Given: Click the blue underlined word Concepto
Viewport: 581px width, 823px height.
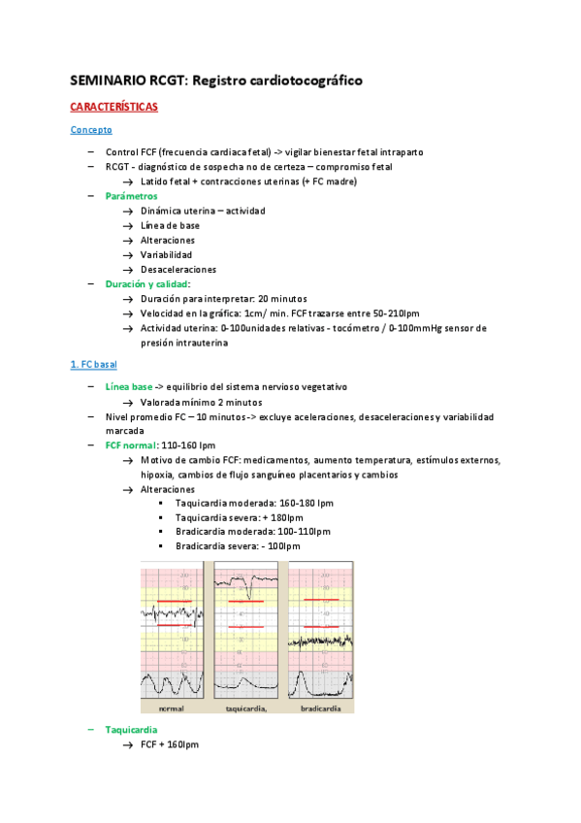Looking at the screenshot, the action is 91,129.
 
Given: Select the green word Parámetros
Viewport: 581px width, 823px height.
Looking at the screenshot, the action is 131,195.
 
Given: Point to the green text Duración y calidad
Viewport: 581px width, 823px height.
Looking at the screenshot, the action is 147,283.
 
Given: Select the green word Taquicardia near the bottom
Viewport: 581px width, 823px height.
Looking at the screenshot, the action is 131,729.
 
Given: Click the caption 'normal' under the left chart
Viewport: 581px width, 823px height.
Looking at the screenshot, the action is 171,708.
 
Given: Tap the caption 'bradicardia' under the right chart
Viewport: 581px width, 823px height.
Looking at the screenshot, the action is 320,708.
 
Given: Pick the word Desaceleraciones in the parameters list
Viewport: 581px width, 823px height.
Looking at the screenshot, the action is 178,269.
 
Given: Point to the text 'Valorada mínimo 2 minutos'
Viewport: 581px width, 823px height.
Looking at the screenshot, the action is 201,402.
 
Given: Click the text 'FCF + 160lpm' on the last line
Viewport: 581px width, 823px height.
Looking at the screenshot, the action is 169,744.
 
